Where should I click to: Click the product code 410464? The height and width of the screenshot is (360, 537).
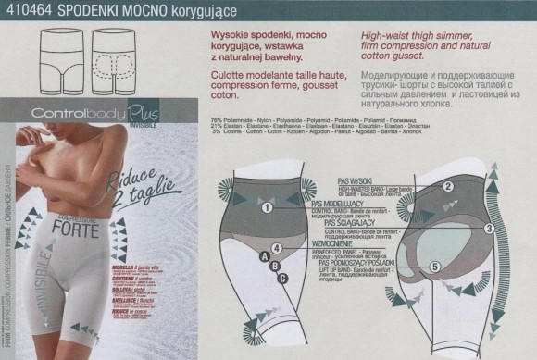24,9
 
